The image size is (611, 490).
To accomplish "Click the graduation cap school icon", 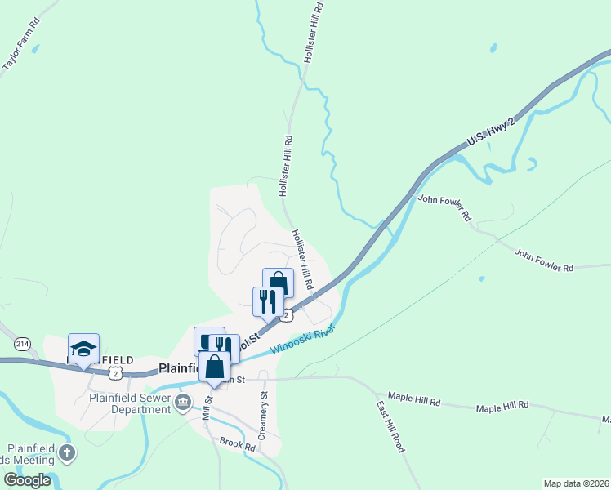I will click(83, 350).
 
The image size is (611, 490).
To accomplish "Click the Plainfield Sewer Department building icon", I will click(183, 400).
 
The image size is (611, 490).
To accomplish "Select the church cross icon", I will click(66, 452).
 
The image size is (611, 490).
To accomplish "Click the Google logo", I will click(28, 479).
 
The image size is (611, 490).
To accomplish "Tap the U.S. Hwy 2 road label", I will click(490, 133).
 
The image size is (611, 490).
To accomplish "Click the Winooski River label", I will click(303, 341).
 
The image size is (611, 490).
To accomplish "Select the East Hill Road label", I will click(390, 427).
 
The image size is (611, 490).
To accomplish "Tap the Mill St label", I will click(207, 408).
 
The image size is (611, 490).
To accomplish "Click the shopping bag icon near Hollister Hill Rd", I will click(278, 283).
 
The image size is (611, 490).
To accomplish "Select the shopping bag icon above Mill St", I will click(214, 367).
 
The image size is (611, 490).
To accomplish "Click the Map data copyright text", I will click(577, 483).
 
